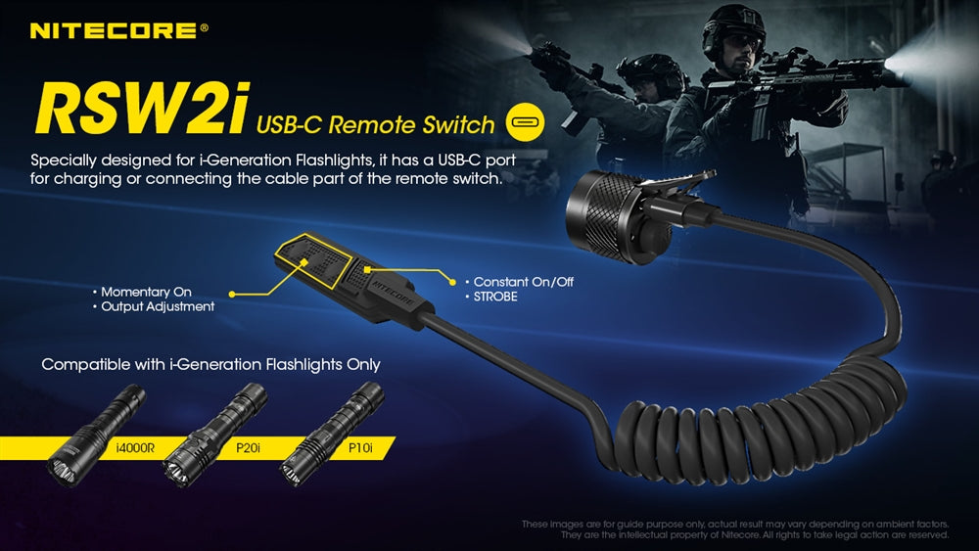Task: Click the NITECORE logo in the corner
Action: [118, 31]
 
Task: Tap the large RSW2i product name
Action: [142, 109]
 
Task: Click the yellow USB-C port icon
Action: [525, 121]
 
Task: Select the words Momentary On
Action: [146, 292]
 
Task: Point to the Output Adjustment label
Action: [158, 307]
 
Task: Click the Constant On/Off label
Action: [523, 282]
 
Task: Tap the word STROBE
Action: [495, 297]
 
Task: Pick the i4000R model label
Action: [135, 447]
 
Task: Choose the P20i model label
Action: [248, 447]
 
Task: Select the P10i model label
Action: [360, 447]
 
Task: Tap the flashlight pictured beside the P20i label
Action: [214, 435]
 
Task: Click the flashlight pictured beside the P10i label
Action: [331, 434]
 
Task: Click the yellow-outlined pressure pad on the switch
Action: [311, 261]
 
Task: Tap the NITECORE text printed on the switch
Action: [394, 292]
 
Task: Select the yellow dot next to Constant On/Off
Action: [453, 283]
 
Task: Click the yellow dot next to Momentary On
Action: [232, 294]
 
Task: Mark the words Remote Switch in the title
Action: [411, 125]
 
